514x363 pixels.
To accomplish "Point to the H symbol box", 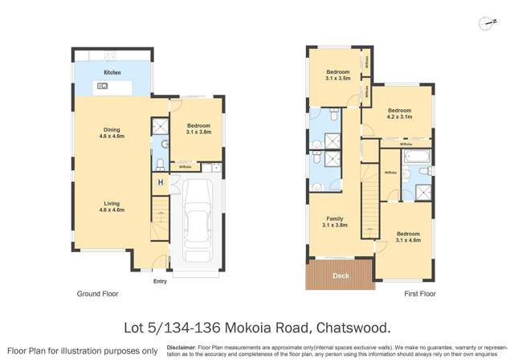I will [161, 183].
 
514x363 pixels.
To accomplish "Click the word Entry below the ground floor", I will [161, 281].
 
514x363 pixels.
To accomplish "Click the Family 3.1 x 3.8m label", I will [335, 222].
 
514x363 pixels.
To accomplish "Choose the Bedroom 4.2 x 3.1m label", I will [399, 113].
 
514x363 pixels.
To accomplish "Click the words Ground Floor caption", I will [97, 295].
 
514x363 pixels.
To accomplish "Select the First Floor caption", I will [418, 295].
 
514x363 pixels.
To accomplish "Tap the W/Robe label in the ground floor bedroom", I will [185, 166].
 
